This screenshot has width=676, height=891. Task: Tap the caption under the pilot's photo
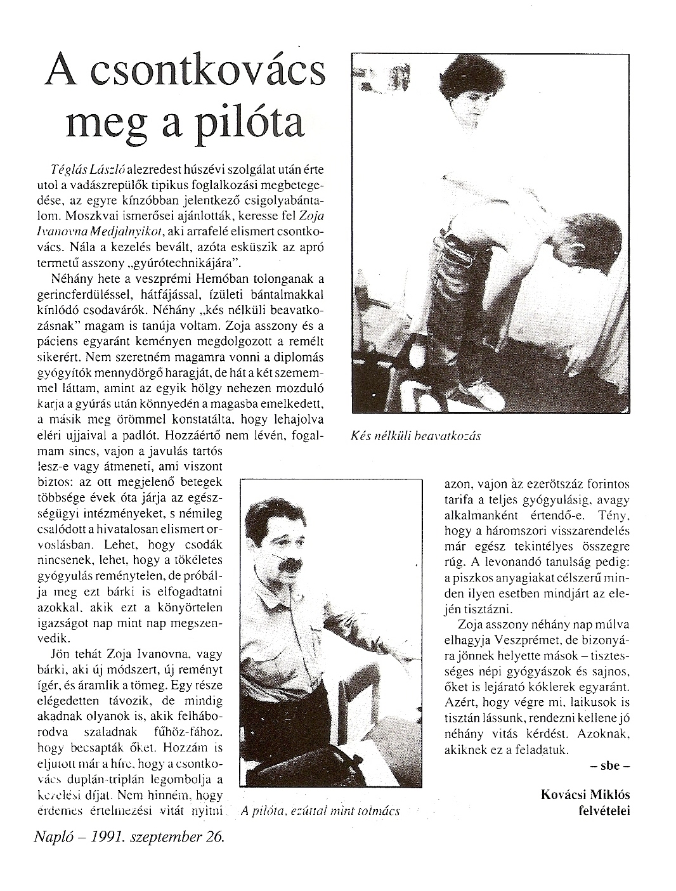[320, 811]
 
